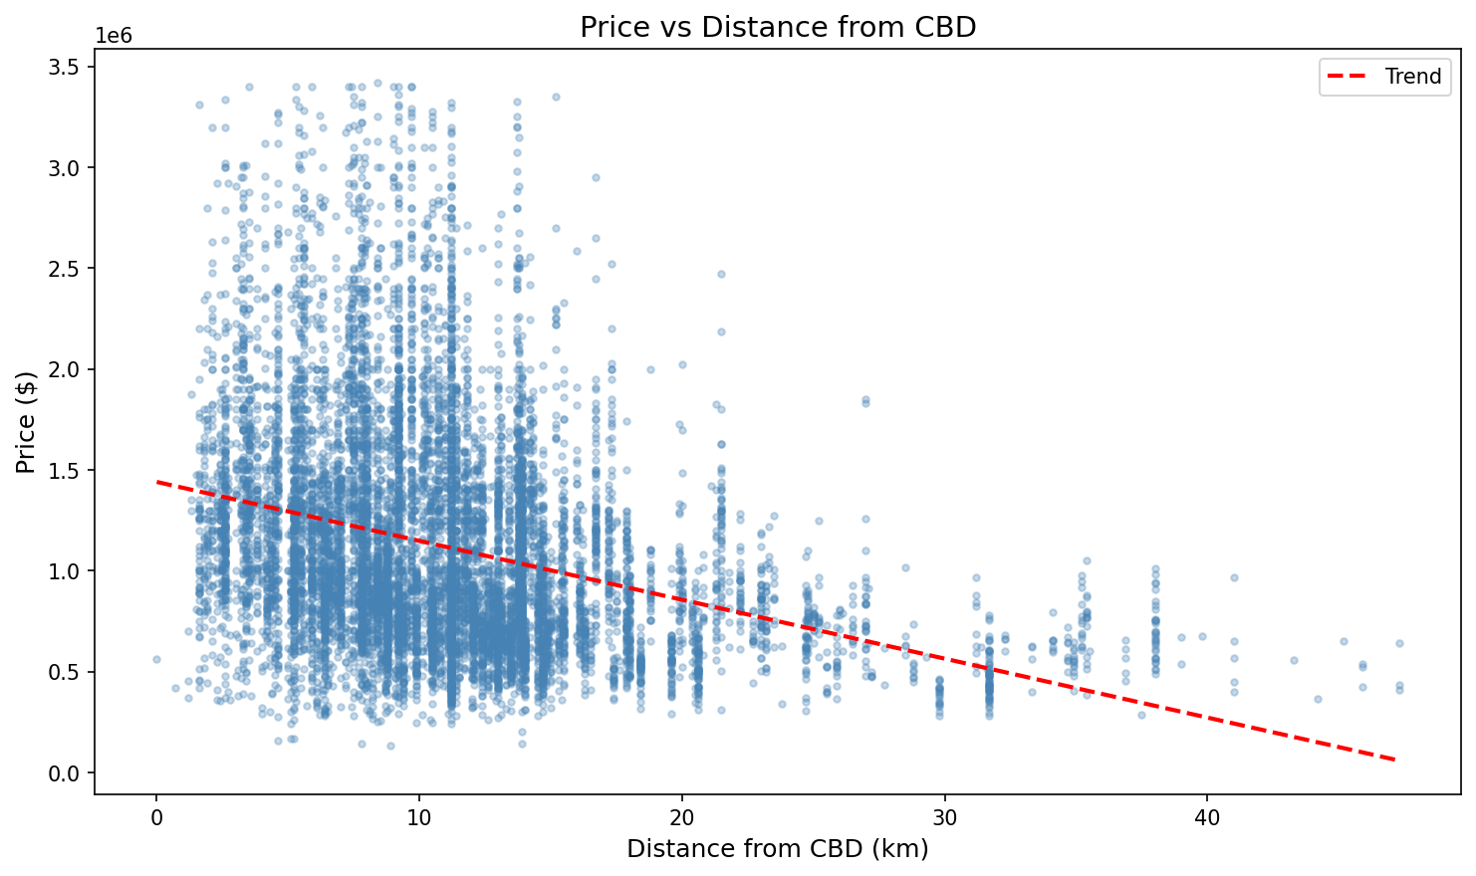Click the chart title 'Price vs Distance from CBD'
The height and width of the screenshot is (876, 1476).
pyautogui.click(x=778, y=27)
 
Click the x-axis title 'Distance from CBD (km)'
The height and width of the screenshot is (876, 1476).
pyautogui.click(x=778, y=849)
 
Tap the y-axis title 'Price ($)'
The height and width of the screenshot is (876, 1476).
pyautogui.click(x=26, y=421)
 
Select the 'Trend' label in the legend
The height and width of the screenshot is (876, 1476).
pyautogui.click(x=1412, y=77)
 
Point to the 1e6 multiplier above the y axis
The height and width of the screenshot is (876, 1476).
pyautogui.click(x=114, y=36)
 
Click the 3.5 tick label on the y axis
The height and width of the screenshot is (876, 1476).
pyautogui.click(x=66, y=67)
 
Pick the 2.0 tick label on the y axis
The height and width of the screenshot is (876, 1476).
pyautogui.click(x=66, y=369)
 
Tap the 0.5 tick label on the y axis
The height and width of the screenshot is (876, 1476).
pyautogui.click(x=66, y=672)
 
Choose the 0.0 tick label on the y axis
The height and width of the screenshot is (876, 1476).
pyautogui.click(x=66, y=773)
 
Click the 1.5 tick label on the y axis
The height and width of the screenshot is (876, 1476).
pyautogui.click(x=66, y=470)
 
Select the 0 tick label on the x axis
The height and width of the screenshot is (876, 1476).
pyautogui.click(x=156, y=817)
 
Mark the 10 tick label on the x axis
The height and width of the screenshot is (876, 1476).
pyautogui.click(x=418, y=817)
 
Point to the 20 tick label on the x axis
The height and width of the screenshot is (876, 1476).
pyautogui.click(x=681, y=817)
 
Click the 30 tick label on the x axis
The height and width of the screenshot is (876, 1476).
pyautogui.click(x=944, y=817)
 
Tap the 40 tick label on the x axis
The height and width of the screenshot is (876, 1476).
pyautogui.click(x=1206, y=817)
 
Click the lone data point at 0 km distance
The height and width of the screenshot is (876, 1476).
pyautogui.click(x=156, y=659)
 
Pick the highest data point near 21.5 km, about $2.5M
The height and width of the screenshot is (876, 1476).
pyautogui.click(x=721, y=274)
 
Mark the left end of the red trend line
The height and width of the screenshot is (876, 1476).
pyautogui.click(x=157, y=482)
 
